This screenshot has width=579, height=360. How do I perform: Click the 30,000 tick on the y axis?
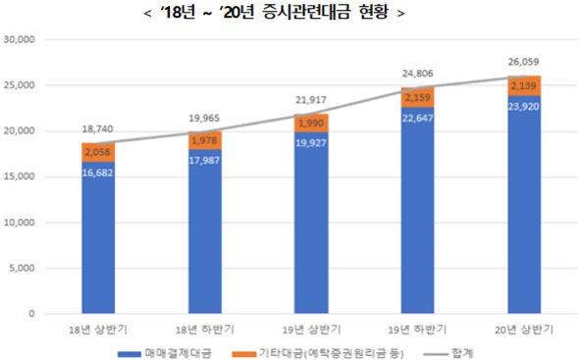[19, 40]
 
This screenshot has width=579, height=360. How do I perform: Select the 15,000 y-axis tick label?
[19, 177]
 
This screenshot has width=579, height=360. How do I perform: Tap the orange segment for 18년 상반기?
[98, 151]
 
